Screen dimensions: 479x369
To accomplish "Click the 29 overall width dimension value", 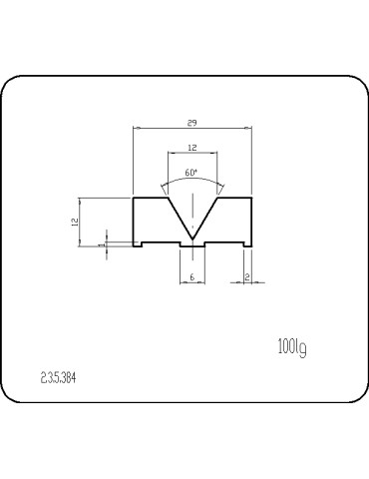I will click(190, 122).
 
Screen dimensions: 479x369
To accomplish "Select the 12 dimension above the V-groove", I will click(190, 147).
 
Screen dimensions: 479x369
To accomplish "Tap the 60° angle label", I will click(190, 172).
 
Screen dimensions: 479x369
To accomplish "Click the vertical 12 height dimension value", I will click(75, 222).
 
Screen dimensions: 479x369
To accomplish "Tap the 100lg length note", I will click(289, 346).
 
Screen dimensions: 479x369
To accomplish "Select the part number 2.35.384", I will click(59, 380).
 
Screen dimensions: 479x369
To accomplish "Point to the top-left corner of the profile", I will click(134, 199).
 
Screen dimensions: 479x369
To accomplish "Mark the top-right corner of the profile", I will click(250, 199).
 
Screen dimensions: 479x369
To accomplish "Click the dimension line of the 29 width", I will click(160, 128).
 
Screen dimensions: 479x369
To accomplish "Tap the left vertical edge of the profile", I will click(134, 220).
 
